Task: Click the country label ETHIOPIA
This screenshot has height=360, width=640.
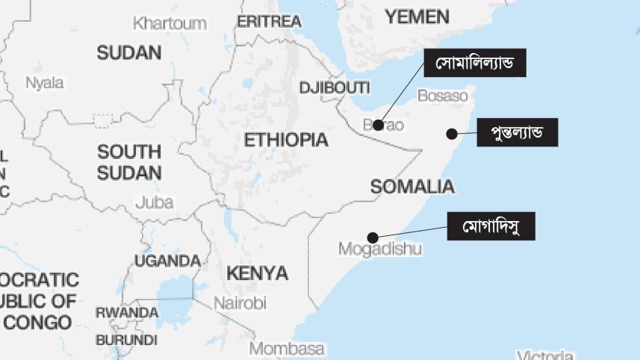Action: [x=285, y=140]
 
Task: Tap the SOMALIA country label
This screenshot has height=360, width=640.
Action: [x=412, y=187]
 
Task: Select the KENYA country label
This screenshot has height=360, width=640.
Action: [x=257, y=273]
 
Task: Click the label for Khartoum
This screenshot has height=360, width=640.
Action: [x=170, y=23]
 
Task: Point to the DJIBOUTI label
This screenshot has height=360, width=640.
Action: [x=335, y=88]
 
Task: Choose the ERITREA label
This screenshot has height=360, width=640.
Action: [x=268, y=22]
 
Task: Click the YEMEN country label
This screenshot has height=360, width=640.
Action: [x=417, y=16]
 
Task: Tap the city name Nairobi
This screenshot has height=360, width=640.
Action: [x=240, y=303]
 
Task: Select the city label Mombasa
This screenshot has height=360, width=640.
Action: [x=287, y=349]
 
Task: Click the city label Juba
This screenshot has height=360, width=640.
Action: [x=155, y=202]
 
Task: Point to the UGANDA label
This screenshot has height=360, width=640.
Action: [x=167, y=261]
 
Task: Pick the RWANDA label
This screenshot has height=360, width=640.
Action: [x=127, y=313]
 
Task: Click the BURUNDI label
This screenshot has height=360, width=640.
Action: [x=127, y=340]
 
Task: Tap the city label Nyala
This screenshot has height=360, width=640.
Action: [x=45, y=83]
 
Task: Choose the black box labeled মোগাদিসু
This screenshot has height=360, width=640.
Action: [x=491, y=226]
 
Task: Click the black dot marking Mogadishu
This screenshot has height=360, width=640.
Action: [x=373, y=238]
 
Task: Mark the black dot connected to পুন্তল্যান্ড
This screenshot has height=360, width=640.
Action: [x=451, y=134]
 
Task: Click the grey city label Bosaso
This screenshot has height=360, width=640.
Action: [x=442, y=96]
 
